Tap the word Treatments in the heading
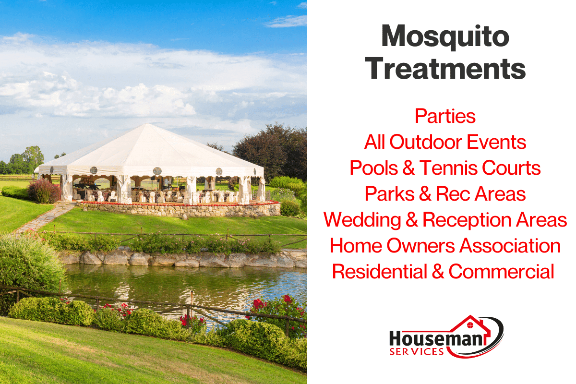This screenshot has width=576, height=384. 445,69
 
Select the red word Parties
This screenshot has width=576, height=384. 445,116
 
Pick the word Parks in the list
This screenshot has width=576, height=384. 390,193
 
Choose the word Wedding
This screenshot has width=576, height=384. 362,220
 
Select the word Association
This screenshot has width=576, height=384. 510,246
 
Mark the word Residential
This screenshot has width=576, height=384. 380,272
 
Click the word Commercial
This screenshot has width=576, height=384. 502,272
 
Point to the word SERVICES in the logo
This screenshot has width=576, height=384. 417,351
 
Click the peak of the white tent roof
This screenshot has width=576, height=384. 147,124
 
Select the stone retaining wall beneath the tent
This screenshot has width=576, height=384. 180,210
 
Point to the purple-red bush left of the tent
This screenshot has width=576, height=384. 44,191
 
